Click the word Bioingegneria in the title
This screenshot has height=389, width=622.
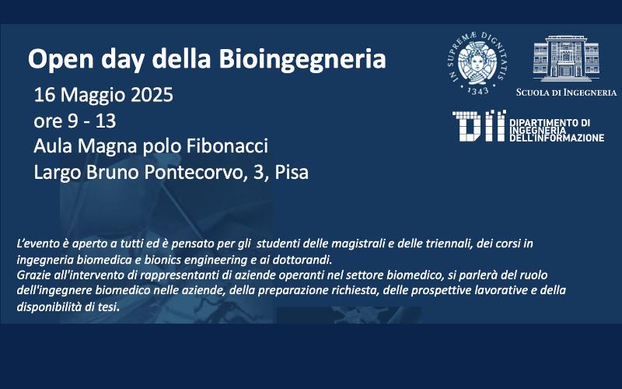tap(302, 60)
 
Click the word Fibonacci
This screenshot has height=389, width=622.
tap(227, 146)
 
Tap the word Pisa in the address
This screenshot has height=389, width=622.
tap(292, 172)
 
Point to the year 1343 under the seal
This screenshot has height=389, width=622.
tap(478, 90)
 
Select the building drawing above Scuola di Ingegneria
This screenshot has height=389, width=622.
tap(566, 58)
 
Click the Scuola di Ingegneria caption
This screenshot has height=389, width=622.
tap(566, 93)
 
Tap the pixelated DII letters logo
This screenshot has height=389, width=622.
tap(479, 126)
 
